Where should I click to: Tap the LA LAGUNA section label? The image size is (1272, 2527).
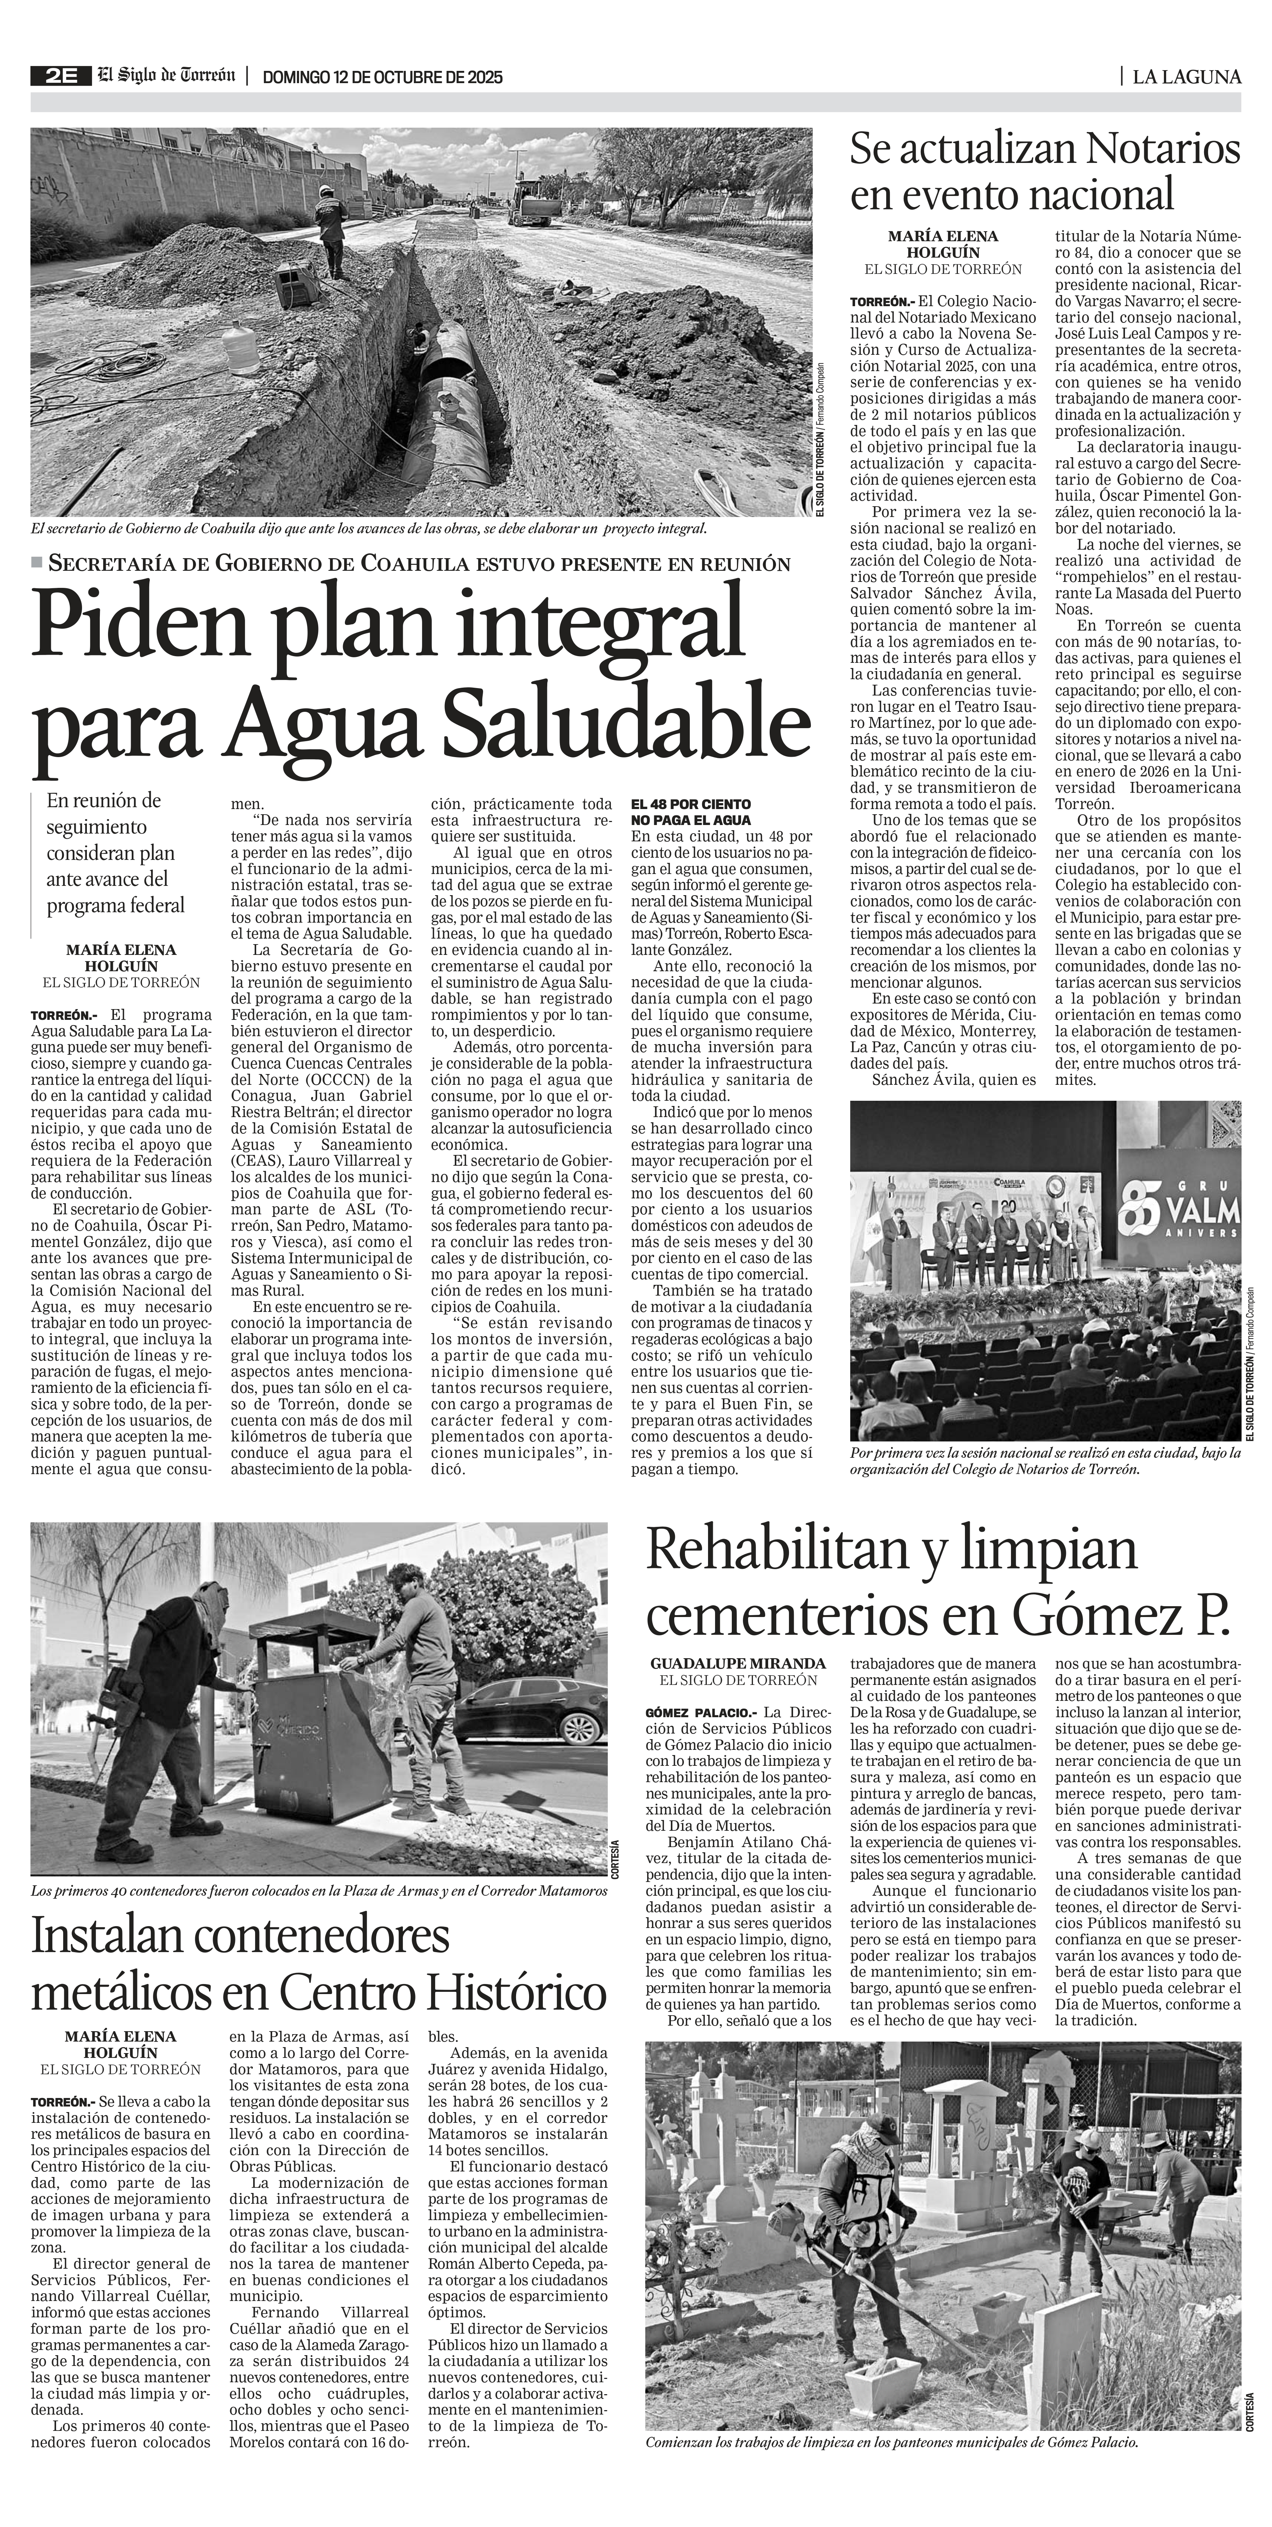coord(1185,76)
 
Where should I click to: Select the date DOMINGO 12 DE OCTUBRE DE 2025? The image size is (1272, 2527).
coord(383,78)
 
